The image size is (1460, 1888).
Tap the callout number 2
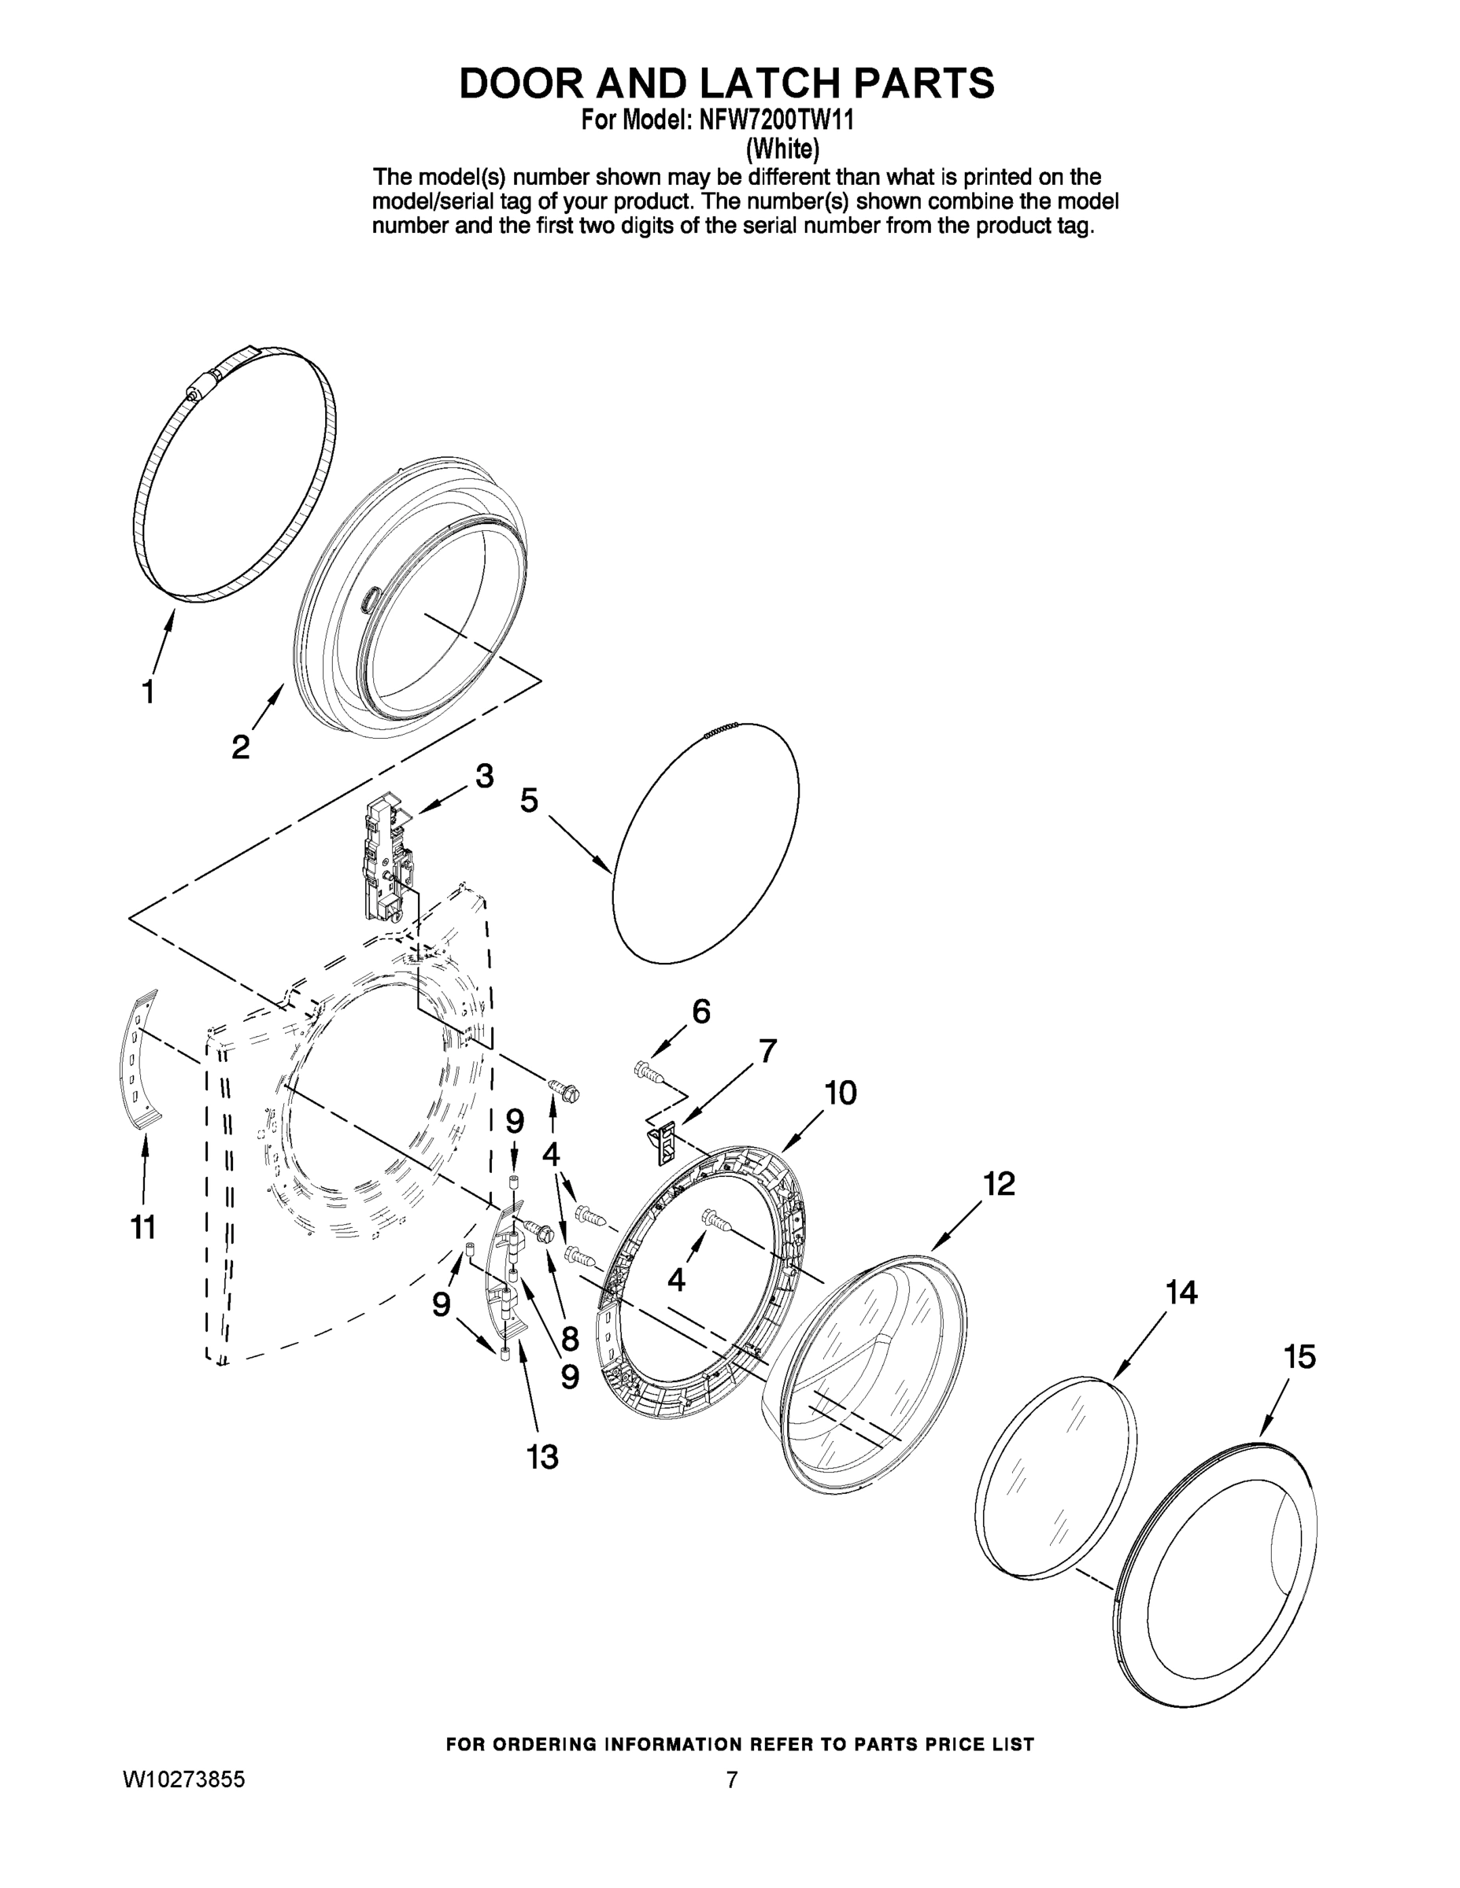(x=241, y=746)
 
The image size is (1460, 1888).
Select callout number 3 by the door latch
(x=484, y=776)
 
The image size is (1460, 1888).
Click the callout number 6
(x=700, y=1011)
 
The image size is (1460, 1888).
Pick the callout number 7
(x=767, y=1051)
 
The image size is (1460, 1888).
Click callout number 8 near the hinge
(x=569, y=1339)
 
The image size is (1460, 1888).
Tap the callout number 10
(x=839, y=1093)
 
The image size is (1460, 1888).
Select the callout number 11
(x=142, y=1226)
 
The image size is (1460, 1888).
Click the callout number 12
(x=999, y=1183)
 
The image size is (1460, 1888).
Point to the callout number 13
(x=542, y=1457)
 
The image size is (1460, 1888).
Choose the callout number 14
(x=1181, y=1292)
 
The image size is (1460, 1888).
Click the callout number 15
(x=1299, y=1356)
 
